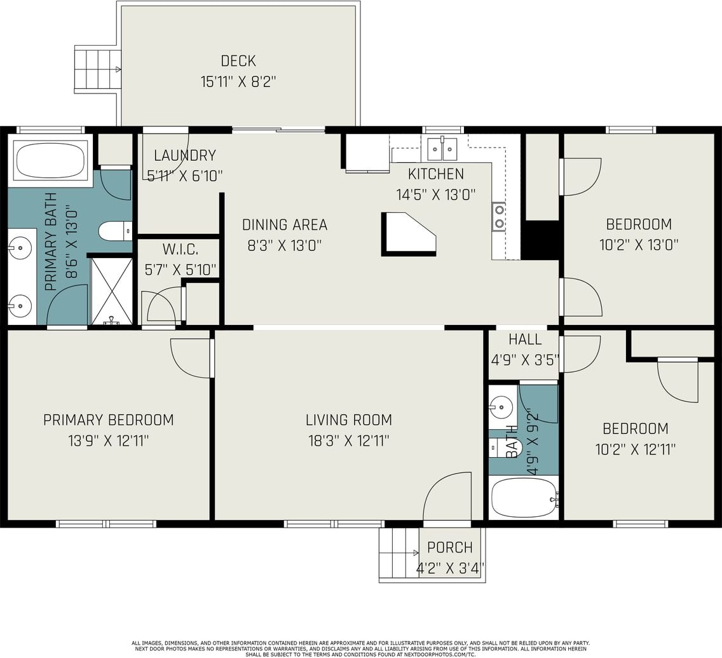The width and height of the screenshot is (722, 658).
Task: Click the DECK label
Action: click(238, 61)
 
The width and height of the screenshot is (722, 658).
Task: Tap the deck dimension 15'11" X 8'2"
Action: click(238, 82)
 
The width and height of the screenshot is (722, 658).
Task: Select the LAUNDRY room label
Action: click(185, 156)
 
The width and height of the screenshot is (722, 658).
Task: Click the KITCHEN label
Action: click(435, 174)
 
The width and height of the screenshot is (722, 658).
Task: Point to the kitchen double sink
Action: click(442, 147)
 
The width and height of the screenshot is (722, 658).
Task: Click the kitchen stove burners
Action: click(499, 216)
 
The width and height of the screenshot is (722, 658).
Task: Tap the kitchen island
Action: click(408, 234)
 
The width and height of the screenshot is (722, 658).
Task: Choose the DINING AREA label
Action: click(285, 224)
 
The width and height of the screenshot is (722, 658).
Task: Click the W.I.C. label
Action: click(180, 250)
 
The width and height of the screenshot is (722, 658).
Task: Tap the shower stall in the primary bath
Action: click(111, 291)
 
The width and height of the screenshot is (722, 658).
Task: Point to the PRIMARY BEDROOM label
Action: click(108, 420)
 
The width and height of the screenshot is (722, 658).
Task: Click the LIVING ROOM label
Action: click(349, 420)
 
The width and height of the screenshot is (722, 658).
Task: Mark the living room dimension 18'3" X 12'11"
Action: click(349, 441)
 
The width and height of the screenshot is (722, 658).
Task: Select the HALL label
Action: click(525, 340)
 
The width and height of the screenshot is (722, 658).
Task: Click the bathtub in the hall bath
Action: click(524, 498)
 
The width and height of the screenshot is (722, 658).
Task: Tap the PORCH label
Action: click(450, 547)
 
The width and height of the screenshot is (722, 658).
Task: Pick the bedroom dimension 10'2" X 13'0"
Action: click(639, 245)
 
